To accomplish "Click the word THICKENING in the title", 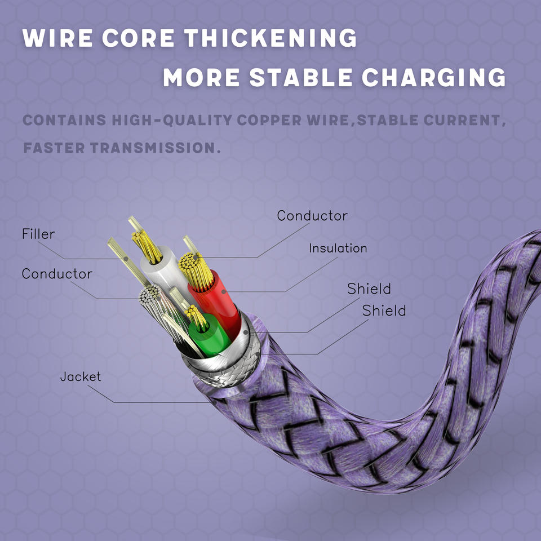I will click(x=272, y=38).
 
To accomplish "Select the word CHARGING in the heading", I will click(x=433, y=78).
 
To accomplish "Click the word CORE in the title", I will click(x=138, y=38).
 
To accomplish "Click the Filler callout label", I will click(x=38, y=234).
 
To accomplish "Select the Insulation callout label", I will click(x=338, y=248).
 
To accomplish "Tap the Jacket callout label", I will click(x=81, y=376).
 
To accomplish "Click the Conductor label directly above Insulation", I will click(x=312, y=216).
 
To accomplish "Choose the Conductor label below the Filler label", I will click(x=57, y=274).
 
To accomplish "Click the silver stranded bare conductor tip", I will click(x=152, y=295).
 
